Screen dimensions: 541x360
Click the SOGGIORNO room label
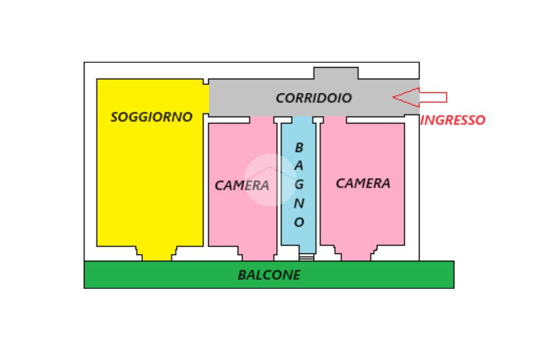pos(152,117)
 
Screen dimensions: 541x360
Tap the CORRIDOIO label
pos(314,98)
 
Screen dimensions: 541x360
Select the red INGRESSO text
pos(452,120)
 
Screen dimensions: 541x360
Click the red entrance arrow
pos(420,97)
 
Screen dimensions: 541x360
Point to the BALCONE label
pos(269,275)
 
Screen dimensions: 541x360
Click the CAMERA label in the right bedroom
pos(363,184)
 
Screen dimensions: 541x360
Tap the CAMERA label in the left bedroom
pos(242,185)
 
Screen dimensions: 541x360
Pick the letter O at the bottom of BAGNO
pos(299,223)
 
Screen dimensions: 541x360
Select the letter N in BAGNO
pos(299,204)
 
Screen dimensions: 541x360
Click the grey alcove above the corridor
pos(336,73)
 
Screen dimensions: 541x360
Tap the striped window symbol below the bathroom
pos(306,257)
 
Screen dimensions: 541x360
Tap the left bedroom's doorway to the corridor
pos(263,120)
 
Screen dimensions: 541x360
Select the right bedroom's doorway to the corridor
pos(334,120)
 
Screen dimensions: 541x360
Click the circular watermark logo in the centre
pos(270,180)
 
